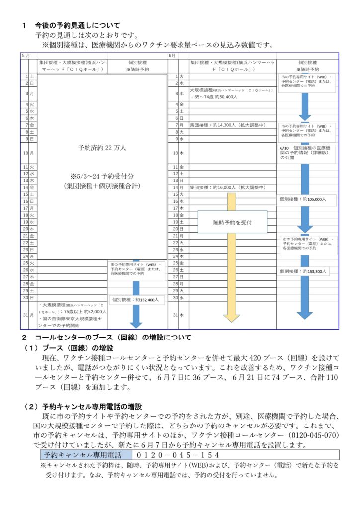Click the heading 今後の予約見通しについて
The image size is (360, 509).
tap(77, 25)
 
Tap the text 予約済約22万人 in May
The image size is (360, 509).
tap(102, 148)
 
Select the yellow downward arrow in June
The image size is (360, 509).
tap(231, 278)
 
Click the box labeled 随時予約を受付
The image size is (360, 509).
tap(233, 222)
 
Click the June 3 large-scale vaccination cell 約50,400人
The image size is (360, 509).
tap(232, 93)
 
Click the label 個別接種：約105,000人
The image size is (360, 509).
tap(303, 199)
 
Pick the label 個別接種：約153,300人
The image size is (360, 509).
tap(303, 271)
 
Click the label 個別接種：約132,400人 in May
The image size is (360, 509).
tap(136, 300)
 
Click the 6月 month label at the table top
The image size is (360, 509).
tap(173, 55)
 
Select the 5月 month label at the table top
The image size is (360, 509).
tap(26, 55)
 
